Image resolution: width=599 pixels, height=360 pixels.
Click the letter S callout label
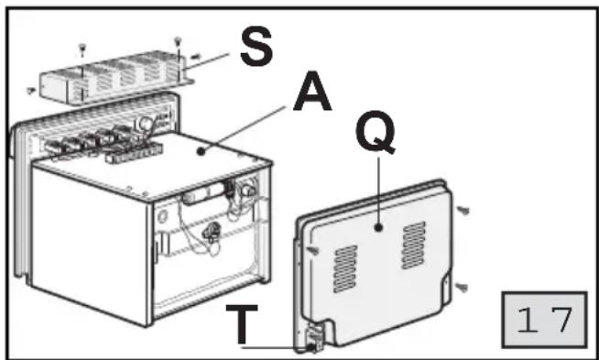(256, 47)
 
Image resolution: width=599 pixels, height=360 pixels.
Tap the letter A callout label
(312, 91)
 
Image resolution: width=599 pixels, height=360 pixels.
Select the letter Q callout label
(376, 132)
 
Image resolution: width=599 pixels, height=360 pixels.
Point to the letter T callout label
(242, 324)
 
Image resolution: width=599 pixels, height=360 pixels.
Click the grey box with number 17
(544, 320)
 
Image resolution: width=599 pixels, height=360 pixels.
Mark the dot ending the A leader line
(201, 152)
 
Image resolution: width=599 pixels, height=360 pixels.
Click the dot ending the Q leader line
(378, 228)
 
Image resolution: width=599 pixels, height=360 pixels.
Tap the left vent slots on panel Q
(345, 268)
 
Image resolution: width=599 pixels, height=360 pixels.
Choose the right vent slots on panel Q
(414, 245)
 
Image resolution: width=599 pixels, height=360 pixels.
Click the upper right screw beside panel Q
(463, 210)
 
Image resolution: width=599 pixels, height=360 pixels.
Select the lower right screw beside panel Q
(462, 287)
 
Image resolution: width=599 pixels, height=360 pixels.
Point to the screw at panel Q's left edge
(313, 250)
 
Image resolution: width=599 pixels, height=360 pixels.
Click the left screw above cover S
(82, 49)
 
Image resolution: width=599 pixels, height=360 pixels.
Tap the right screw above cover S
(178, 40)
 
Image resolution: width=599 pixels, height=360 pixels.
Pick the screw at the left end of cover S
(31, 90)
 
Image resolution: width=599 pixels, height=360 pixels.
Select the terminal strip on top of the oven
(134, 153)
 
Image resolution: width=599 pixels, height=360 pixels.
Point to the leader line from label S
(205, 61)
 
